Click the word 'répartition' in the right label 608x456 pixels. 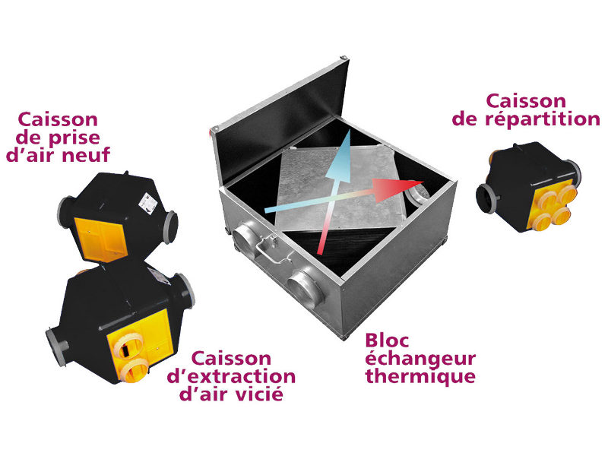543,119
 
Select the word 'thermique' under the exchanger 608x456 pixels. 420,377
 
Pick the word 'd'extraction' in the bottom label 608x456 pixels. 231,376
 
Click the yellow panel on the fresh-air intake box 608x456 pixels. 101,239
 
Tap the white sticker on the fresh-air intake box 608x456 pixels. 147,201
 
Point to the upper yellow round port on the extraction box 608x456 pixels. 127,344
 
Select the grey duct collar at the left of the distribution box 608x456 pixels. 486,199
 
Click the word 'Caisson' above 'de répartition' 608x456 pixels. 526,101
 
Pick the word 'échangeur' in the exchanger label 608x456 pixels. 420,359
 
